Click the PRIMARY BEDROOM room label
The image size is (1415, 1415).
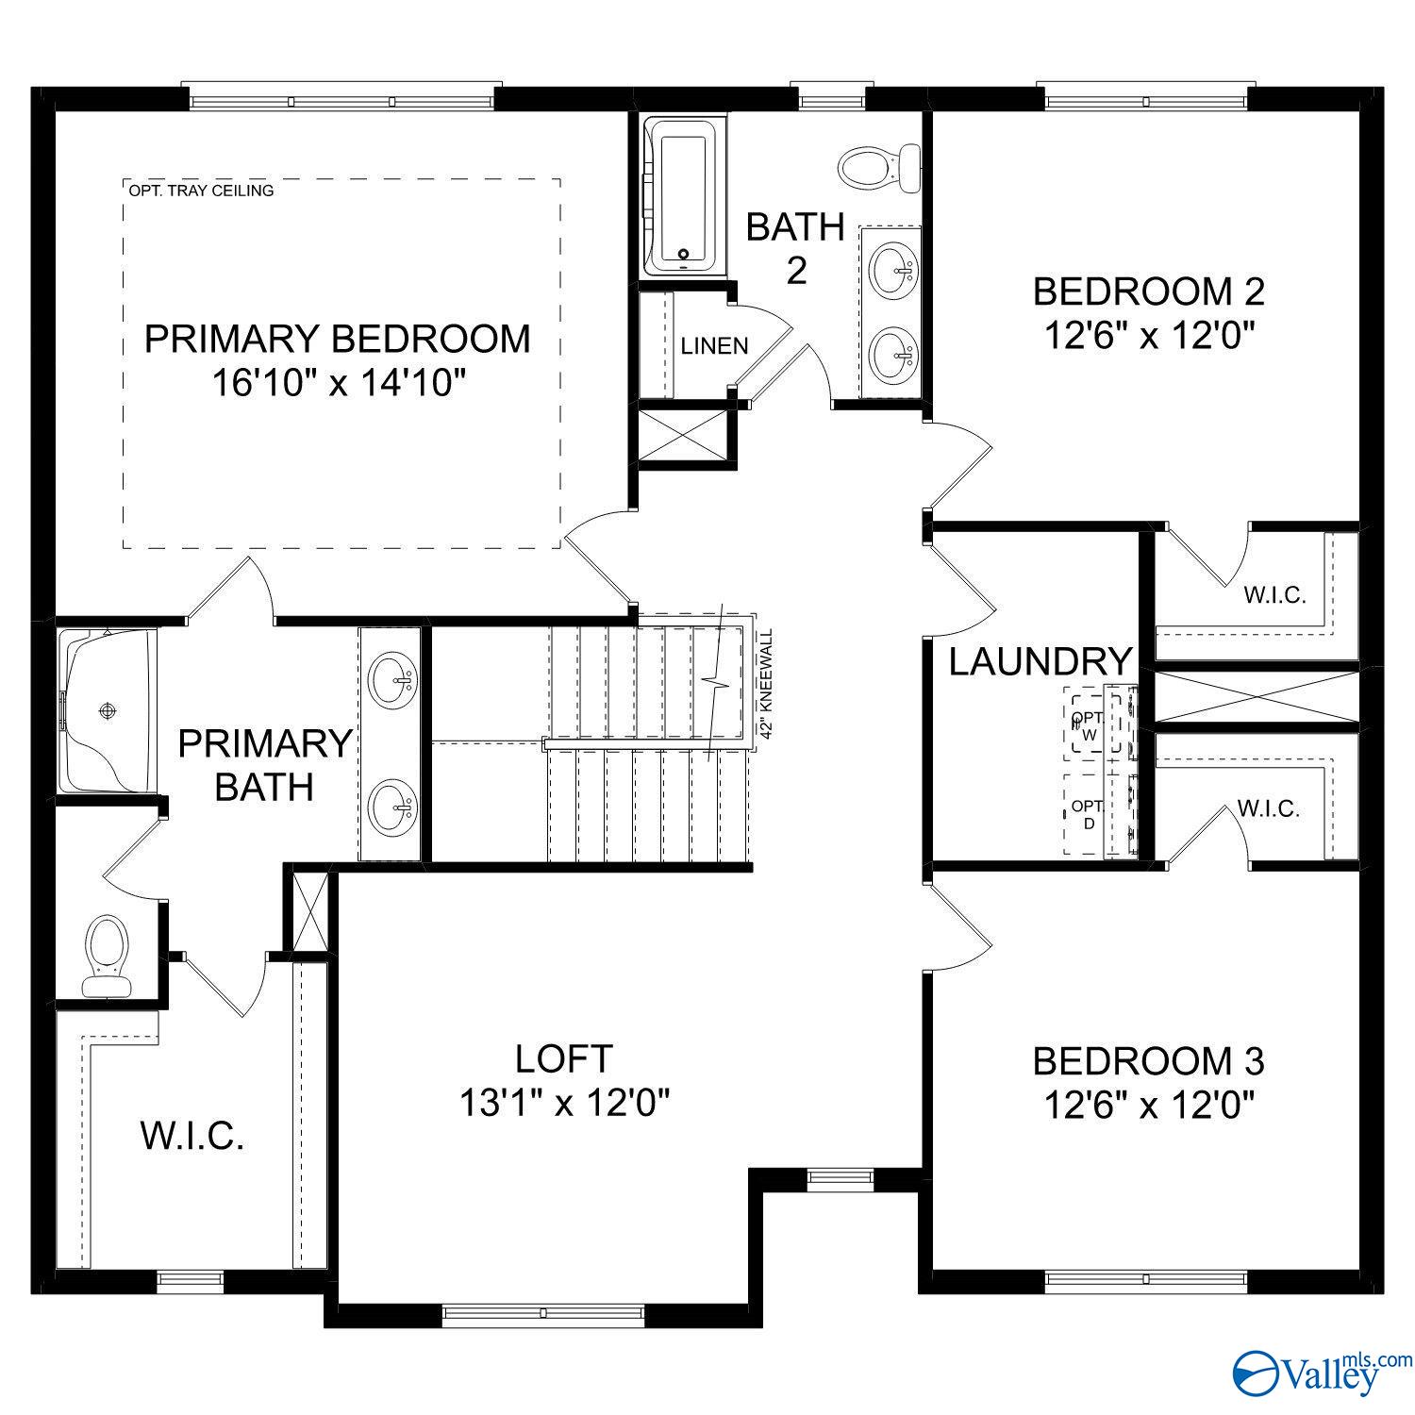pyautogui.click(x=337, y=339)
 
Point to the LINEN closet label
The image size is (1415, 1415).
pyautogui.click(x=714, y=346)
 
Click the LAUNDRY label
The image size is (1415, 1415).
pyautogui.click(x=1040, y=661)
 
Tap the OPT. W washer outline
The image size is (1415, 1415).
pyautogui.click(x=1091, y=723)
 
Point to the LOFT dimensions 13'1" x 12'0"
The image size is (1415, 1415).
pyautogui.click(x=564, y=1102)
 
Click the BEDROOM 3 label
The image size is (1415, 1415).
pyautogui.click(x=1148, y=1061)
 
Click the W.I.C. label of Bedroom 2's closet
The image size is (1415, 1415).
pyautogui.click(x=1273, y=595)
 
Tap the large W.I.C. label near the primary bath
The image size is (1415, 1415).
pyautogui.click(x=192, y=1136)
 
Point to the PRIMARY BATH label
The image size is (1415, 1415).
pyautogui.click(x=264, y=764)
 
